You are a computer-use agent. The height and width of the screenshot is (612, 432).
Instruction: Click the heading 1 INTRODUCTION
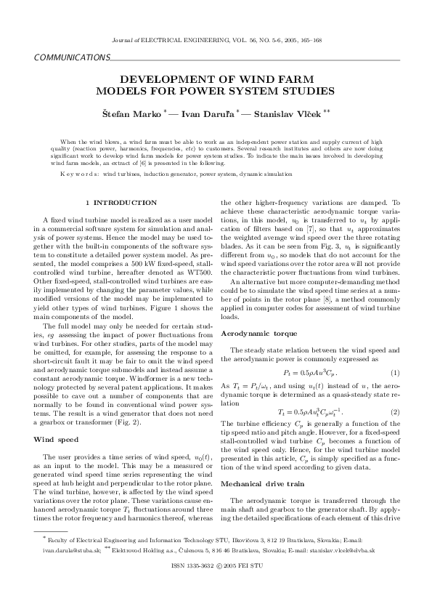pos(120,201)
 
